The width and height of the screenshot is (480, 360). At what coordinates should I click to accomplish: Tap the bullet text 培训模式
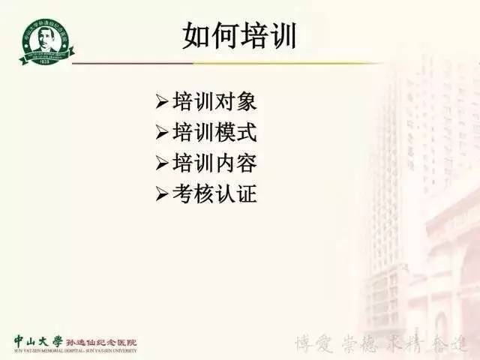tap(214, 132)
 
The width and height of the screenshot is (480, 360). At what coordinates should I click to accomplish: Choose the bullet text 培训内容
tap(214, 163)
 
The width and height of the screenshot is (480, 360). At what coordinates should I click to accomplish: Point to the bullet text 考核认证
tap(214, 194)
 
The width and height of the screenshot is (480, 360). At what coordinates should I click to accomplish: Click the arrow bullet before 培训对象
tap(163, 101)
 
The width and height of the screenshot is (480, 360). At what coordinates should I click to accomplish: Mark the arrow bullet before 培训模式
tap(163, 133)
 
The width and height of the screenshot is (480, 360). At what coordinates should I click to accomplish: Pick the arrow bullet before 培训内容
tap(163, 163)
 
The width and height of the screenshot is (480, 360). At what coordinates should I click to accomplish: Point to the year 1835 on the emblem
tap(43, 76)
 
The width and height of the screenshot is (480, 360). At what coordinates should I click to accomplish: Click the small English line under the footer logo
tap(75, 350)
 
